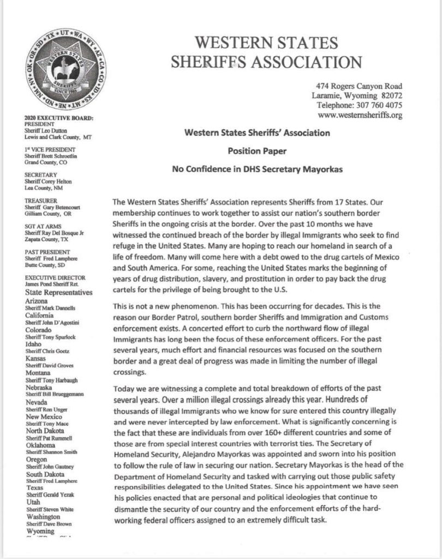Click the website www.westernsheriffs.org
pos(360,115)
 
